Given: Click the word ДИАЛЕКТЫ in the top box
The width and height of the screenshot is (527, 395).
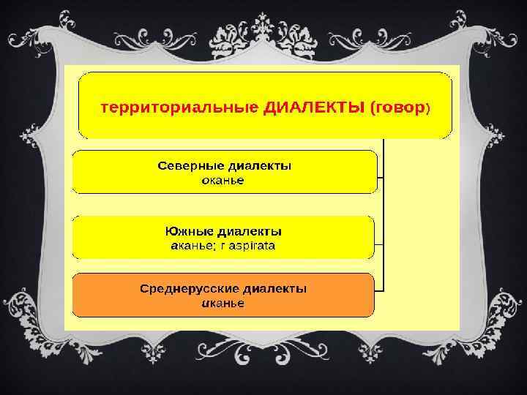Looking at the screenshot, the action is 314,108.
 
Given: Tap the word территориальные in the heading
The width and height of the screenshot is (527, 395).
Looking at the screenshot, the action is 179,108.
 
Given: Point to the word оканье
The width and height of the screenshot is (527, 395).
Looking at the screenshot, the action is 224,179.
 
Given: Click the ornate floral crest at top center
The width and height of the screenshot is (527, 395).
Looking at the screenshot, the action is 263,29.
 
